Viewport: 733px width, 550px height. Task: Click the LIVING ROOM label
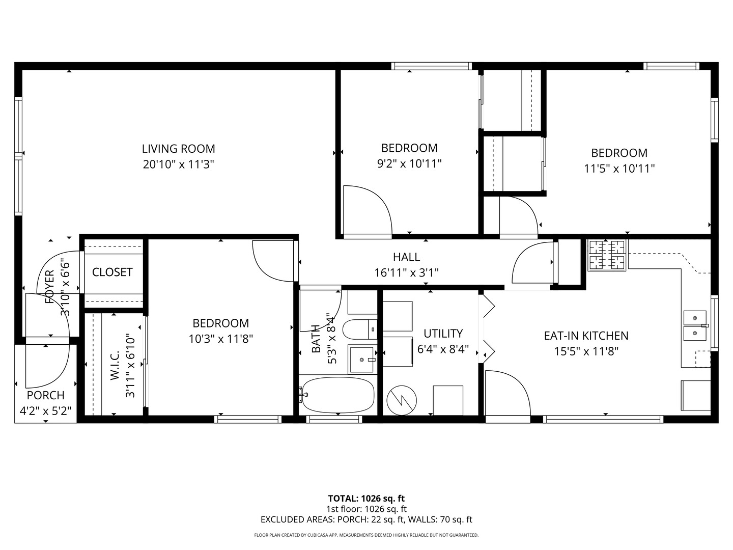click(178, 149)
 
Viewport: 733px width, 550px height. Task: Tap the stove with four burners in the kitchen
click(607, 256)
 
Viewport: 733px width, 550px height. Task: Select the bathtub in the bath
click(337, 396)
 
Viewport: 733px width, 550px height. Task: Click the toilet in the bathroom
click(359, 329)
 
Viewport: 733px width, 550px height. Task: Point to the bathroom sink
click(362, 360)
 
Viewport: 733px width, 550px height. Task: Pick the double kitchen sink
click(695, 326)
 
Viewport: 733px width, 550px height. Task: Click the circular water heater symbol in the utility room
click(402, 401)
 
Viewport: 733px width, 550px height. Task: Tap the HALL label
click(406, 257)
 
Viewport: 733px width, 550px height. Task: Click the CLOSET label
click(112, 272)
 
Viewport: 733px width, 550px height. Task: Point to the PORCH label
click(45, 395)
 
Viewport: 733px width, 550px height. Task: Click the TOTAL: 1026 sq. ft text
click(366, 498)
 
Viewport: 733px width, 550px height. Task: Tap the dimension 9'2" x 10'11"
click(409, 163)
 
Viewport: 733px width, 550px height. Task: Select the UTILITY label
click(443, 334)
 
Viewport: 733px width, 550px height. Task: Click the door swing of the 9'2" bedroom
click(366, 211)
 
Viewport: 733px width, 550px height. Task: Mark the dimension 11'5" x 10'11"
click(619, 169)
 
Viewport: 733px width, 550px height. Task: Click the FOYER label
click(49, 287)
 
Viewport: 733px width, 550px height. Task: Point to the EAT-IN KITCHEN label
click(586, 336)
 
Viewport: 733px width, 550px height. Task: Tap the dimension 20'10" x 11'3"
click(178, 164)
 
